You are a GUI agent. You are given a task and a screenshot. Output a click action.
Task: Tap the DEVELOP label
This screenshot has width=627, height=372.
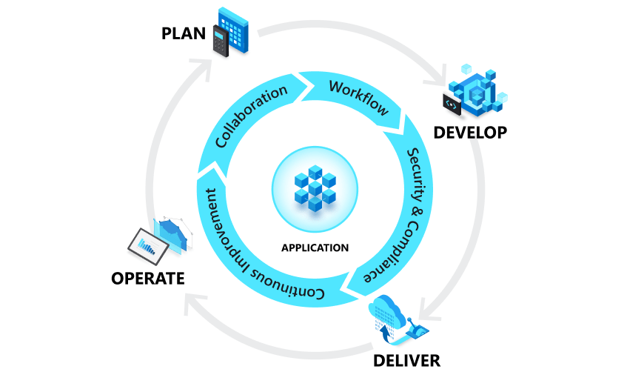[x=470, y=133]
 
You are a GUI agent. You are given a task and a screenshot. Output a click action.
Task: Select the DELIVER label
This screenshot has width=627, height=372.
[x=406, y=361]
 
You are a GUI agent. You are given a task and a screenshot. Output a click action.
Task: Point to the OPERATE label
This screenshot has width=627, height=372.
[x=147, y=279]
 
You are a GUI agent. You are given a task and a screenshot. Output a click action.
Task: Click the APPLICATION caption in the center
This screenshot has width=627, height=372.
[x=315, y=248]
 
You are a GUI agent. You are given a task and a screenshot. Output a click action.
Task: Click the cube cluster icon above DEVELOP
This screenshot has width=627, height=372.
[x=480, y=92]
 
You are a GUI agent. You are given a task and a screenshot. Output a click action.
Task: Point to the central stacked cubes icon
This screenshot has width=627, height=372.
[x=315, y=187]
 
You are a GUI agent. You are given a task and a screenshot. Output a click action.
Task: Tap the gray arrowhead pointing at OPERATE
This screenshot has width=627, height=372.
[x=190, y=302]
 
